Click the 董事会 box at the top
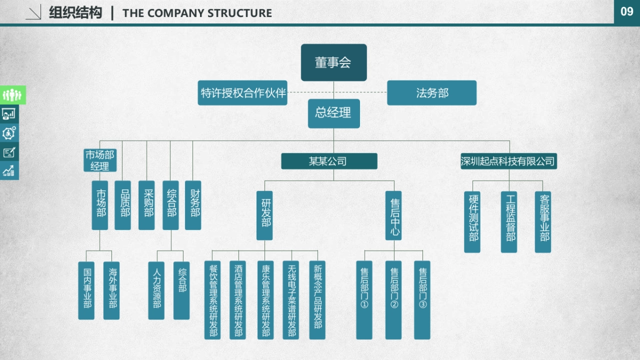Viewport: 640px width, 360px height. (333, 62)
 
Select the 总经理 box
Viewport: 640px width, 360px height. (333, 113)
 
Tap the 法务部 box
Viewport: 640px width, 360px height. (431, 93)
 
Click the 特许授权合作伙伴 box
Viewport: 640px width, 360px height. (243, 93)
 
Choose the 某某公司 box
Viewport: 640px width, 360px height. (329, 161)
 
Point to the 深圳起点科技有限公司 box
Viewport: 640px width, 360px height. (508, 161)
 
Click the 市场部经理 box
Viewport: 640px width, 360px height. (100, 161)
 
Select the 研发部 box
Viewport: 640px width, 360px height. (265, 215)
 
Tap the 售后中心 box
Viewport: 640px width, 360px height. (394, 215)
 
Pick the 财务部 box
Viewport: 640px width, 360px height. (193, 205)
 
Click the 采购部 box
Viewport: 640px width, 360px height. (147, 205)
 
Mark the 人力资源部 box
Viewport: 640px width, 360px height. (156, 290)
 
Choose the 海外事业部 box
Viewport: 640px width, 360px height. (111, 290)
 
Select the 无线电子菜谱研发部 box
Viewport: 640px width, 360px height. (291, 300)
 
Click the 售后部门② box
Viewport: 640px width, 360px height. (394, 300)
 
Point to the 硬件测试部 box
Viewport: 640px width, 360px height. (472, 221)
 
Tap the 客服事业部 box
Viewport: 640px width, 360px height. (543, 221)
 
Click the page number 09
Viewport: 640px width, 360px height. (627, 12)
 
